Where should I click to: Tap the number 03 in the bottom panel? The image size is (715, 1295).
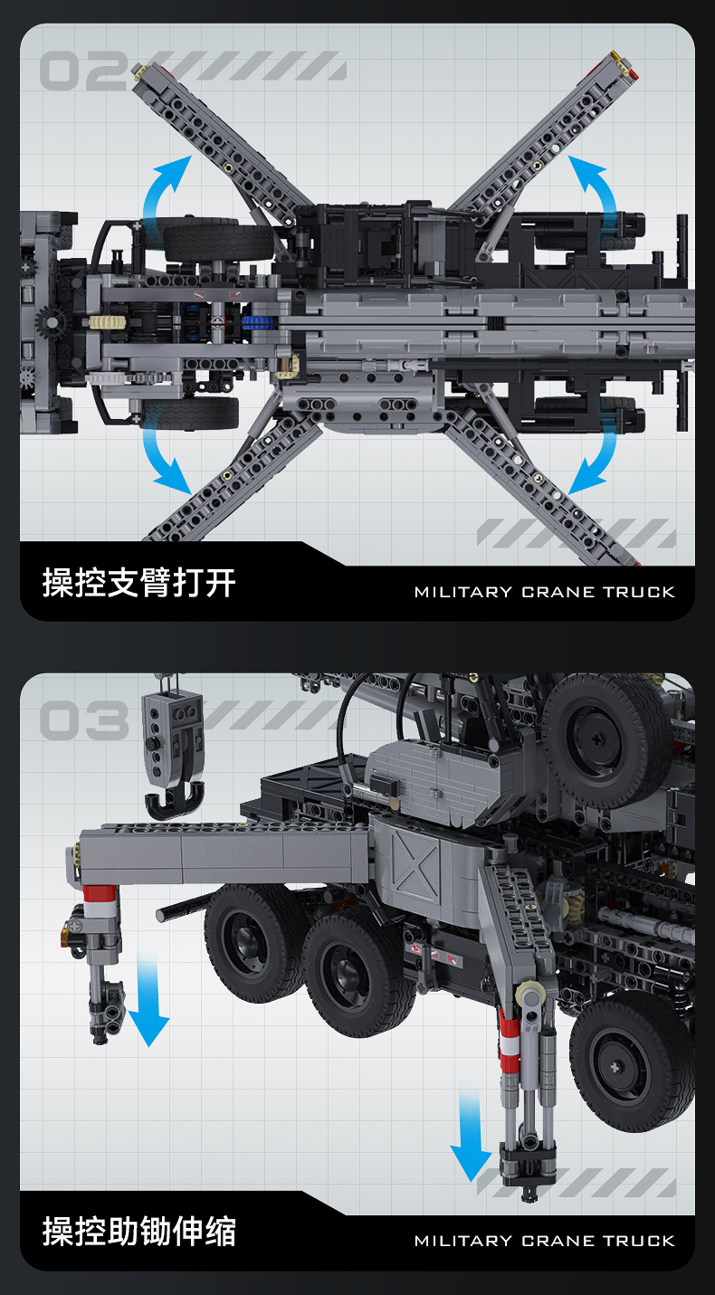coord(83,720)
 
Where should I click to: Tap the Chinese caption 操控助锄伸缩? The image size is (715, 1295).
coord(138,1232)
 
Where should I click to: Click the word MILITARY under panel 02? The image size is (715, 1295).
coord(462,593)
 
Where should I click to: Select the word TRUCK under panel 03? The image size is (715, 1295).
coord(639,1241)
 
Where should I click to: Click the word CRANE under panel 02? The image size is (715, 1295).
coord(558,593)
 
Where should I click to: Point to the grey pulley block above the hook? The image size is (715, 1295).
coord(175,734)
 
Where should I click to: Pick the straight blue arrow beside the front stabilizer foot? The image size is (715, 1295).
coord(471,1137)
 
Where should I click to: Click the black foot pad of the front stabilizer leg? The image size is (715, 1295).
coord(528,1163)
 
